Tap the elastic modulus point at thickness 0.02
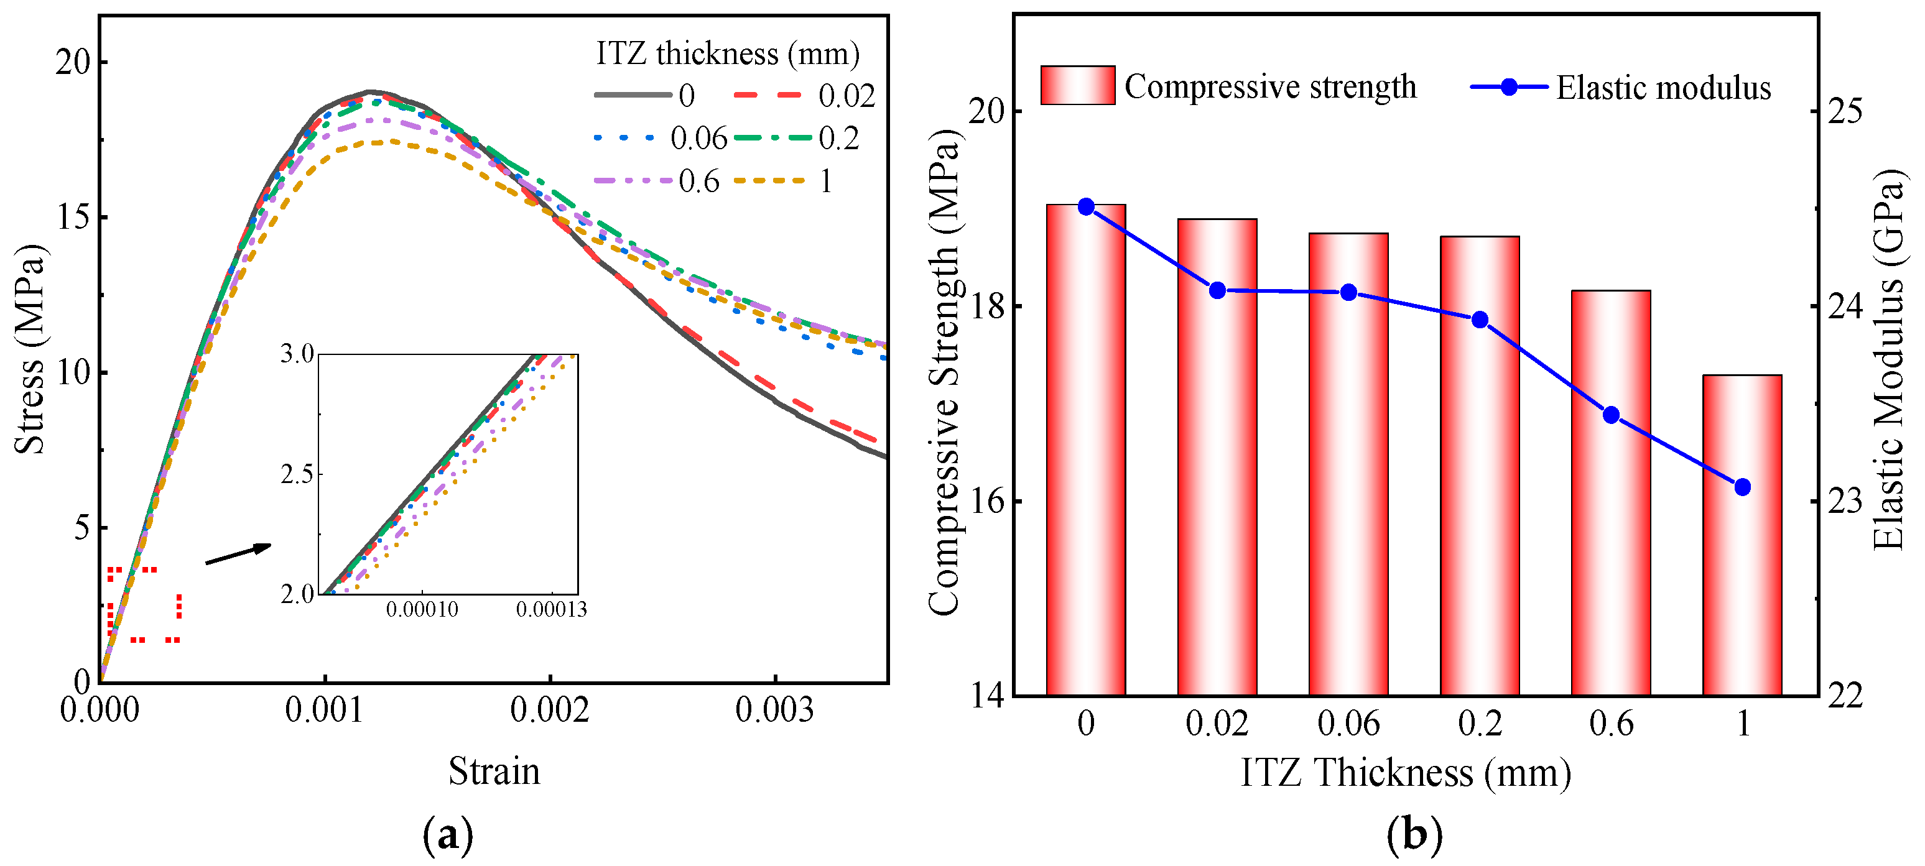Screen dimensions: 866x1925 (1217, 291)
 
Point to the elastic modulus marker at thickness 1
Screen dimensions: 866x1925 (1742, 487)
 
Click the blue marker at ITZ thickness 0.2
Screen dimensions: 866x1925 (1480, 320)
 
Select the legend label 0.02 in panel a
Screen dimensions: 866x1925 (846, 96)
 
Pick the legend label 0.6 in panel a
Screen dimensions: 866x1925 (698, 182)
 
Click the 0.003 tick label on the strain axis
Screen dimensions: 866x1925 (774, 709)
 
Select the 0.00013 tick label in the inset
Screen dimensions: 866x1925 (552, 610)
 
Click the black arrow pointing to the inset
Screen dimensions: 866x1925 (238, 554)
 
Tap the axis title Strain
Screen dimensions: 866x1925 (494, 771)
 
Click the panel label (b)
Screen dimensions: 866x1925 (1414, 835)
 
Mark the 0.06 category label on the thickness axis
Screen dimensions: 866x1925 (1348, 723)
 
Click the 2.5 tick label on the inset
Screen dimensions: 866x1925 (297, 474)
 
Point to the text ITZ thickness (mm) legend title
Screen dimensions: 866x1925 (727, 54)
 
